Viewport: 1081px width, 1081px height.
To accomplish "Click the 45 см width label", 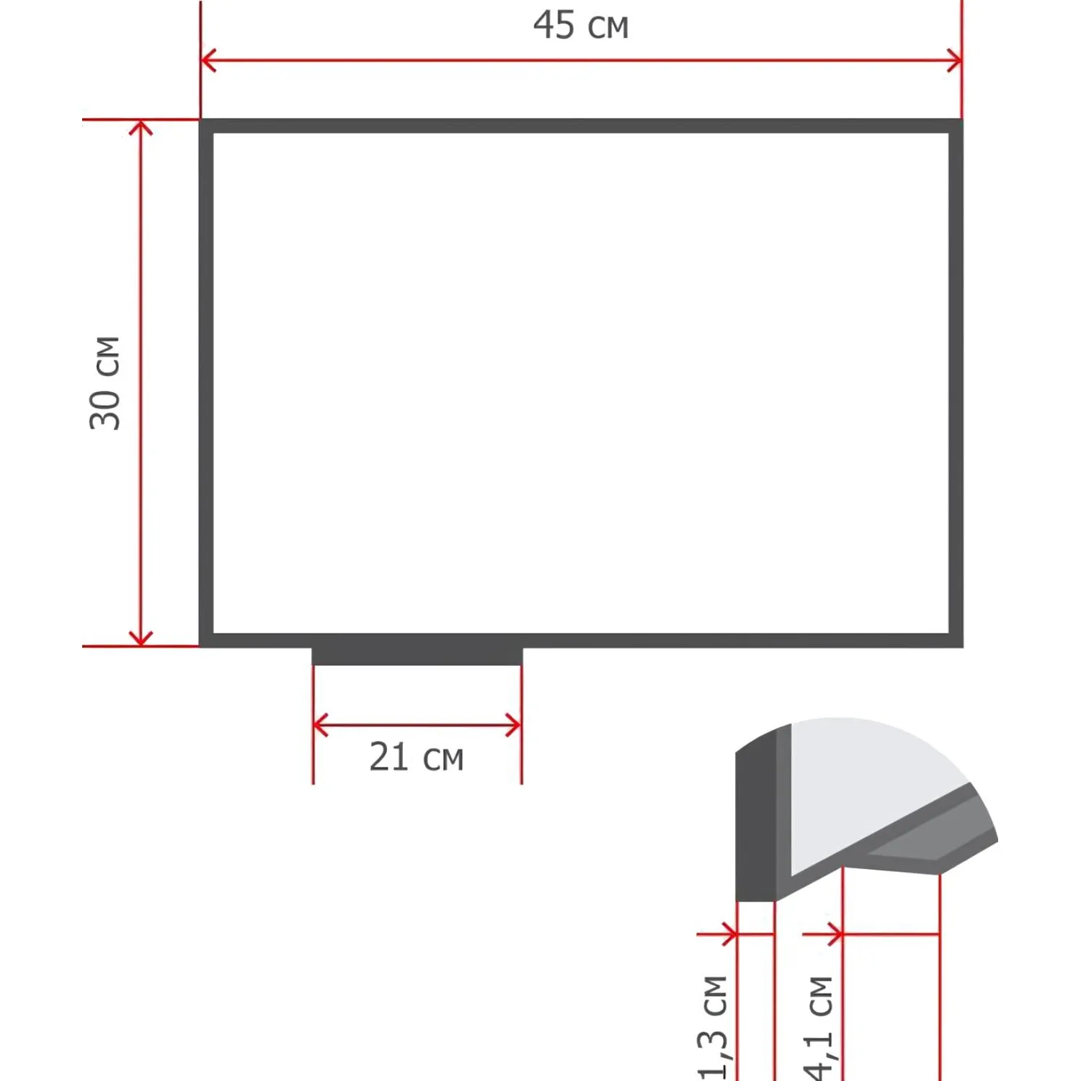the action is [581, 25].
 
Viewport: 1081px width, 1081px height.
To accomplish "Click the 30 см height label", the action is [105, 383].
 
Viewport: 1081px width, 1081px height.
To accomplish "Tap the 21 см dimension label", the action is [417, 757].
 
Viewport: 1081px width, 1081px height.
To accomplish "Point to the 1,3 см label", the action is [713, 1028].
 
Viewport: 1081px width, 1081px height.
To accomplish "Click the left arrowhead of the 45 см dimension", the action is [208, 61].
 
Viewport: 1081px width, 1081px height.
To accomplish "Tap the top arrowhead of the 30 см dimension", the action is [141, 128].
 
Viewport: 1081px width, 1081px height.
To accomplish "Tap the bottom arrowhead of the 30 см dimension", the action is [141, 639].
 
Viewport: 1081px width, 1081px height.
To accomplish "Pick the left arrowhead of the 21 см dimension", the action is [321, 725].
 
